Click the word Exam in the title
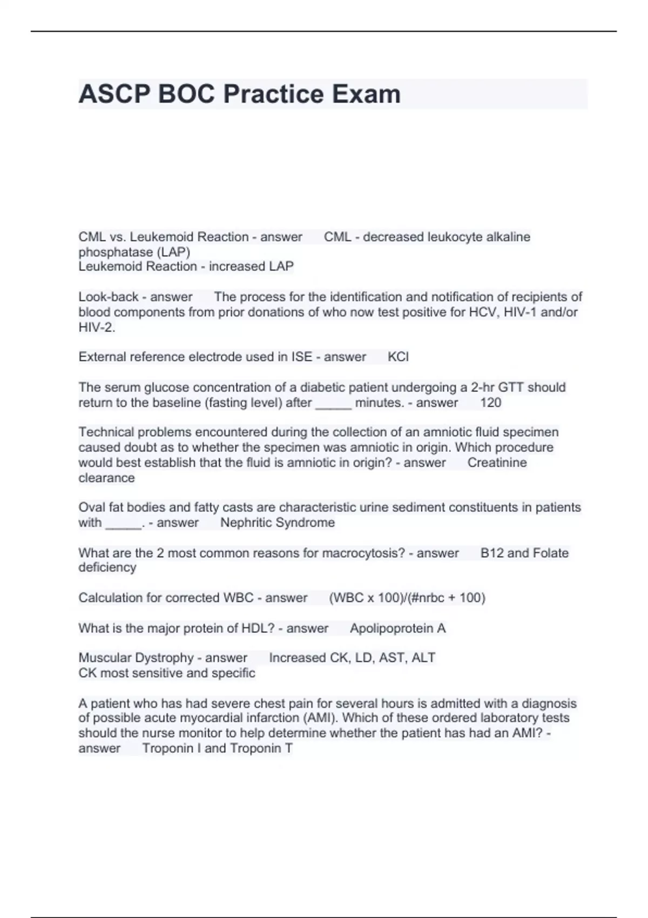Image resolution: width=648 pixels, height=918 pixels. click(x=366, y=94)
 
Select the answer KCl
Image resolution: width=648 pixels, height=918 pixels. click(x=398, y=357)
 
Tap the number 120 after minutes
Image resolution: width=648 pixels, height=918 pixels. click(x=490, y=403)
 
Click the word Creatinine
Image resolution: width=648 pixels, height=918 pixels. click(x=497, y=463)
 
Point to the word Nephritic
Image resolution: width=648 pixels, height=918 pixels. click(x=247, y=523)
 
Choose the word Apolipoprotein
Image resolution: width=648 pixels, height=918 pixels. click(x=391, y=629)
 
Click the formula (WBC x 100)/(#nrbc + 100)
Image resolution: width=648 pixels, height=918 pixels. click(x=407, y=598)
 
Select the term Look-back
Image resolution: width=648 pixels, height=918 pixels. click(x=109, y=297)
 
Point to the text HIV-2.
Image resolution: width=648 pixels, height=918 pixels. click(x=97, y=327)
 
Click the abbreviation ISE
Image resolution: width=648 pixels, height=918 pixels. click(x=302, y=357)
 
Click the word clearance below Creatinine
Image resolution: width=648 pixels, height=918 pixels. click(x=106, y=478)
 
